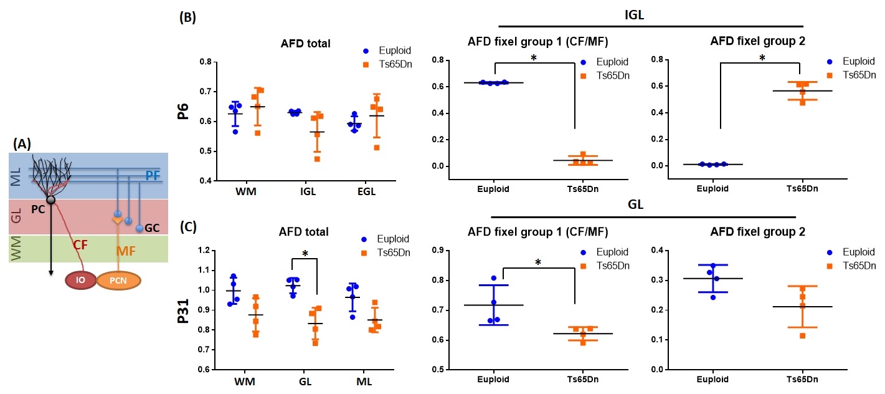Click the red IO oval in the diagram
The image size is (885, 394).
coord(80,280)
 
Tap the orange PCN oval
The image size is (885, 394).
coord(118,280)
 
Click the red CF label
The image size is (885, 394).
coord(80,246)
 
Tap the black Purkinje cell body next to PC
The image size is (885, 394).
coord(51,199)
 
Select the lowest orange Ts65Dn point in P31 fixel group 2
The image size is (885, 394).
coord(803,335)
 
